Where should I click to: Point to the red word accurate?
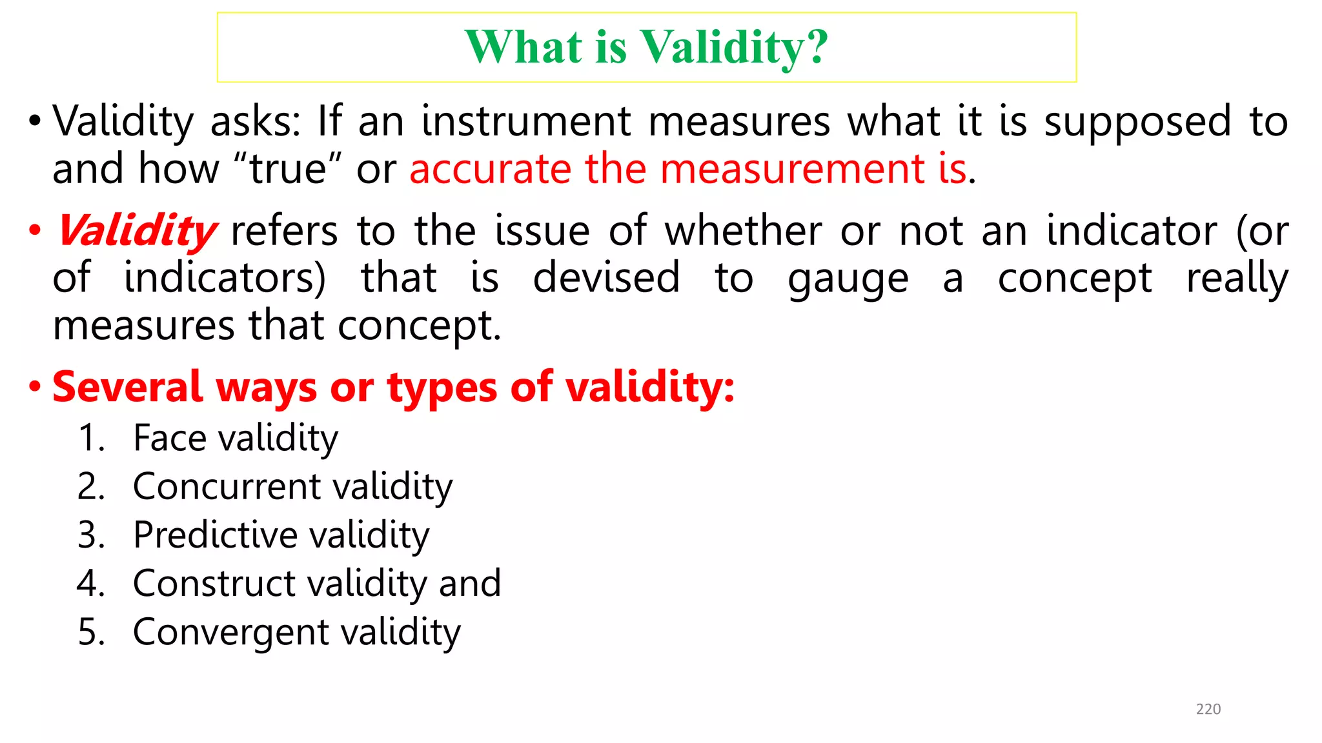491,169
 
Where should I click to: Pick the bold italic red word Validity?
137,231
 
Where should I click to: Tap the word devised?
606,278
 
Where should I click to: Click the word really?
1237,279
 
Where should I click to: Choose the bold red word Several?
127,387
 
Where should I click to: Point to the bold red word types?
442,388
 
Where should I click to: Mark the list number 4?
90,583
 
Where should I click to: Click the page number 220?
1208,709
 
